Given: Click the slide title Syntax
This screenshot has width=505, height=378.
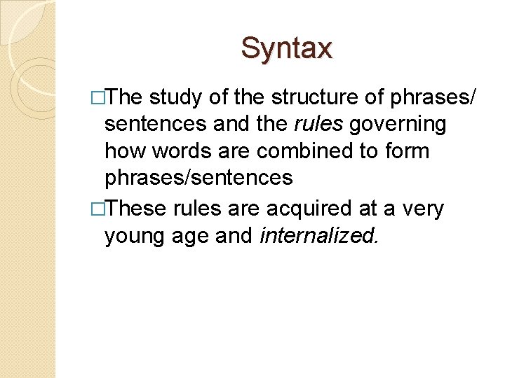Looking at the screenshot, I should coord(286,48).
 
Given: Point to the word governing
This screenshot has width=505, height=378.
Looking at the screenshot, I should coord(398,124).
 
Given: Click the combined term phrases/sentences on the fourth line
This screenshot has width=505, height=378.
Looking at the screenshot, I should coord(198,178).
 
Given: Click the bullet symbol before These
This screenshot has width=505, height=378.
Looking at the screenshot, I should coord(96,208).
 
